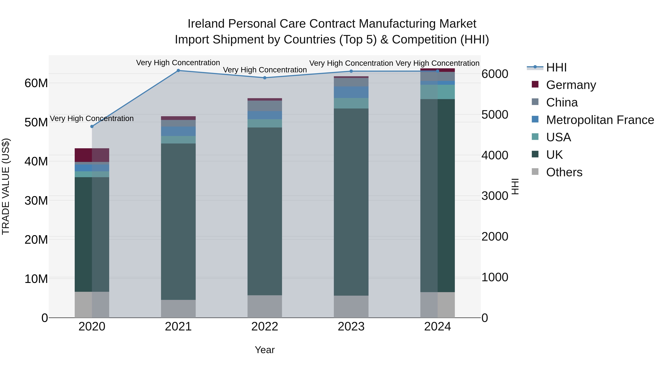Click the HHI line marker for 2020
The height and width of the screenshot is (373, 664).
(92, 126)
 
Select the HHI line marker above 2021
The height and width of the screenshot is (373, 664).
(178, 71)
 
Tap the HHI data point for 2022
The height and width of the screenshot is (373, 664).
(264, 78)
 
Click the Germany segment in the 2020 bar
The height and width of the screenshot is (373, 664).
(92, 155)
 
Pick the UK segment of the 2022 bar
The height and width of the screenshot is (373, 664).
(264, 211)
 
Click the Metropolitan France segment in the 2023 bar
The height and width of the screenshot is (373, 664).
(351, 92)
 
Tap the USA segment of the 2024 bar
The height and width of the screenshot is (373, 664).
(438, 92)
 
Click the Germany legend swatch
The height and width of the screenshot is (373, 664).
(535, 84)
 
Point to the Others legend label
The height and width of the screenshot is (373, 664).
(564, 172)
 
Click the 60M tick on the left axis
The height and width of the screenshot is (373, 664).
(36, 83)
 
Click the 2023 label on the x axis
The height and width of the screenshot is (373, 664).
(351, 327)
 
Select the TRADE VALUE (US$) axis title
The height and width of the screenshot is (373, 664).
(6, 186)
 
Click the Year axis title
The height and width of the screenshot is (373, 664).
(264, 350)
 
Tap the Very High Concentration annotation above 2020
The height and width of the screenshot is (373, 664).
(92, 118)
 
